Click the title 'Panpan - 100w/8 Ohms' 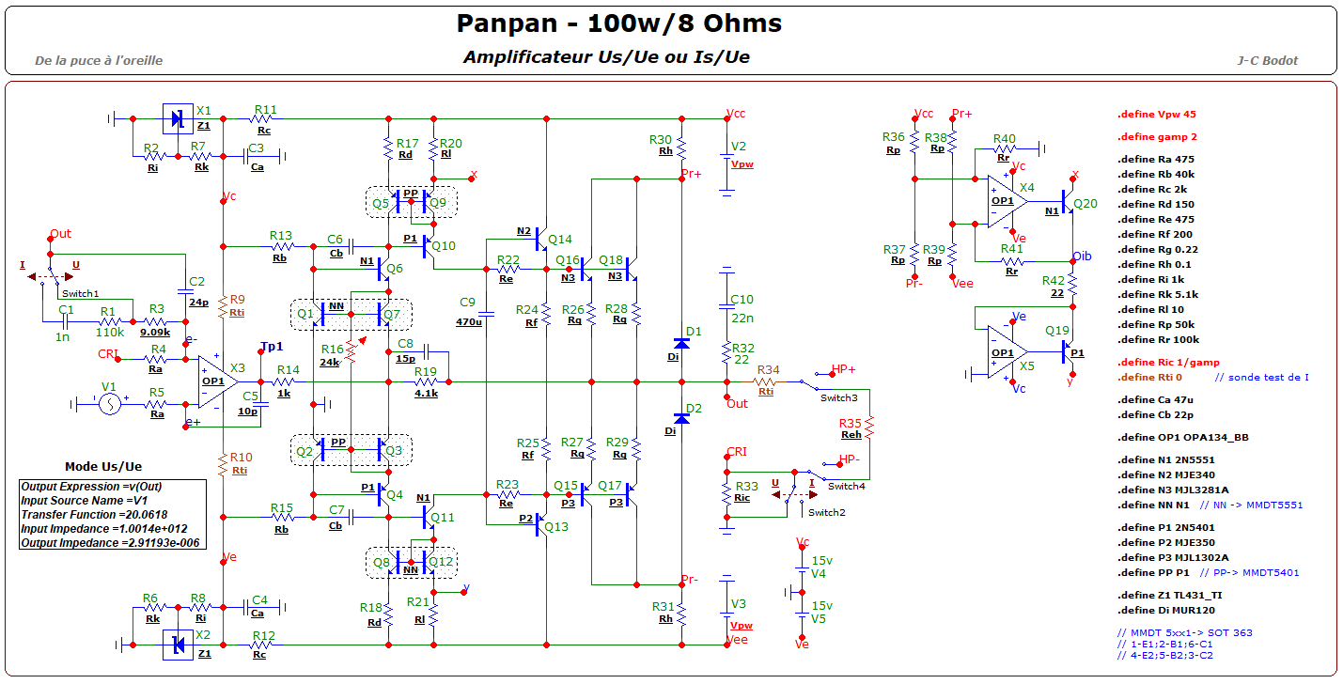click(617, 23)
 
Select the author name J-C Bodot click(1267, 60)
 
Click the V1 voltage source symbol click(108, 404)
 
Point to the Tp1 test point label click(272, 347)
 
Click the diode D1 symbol click(681, 344)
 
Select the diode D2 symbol click(681, 418)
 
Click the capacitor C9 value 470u click(469, 321)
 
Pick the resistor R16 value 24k click(329, 362)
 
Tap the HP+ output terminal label click(842, 369)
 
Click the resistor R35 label click(851, 423)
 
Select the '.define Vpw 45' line click(1156, 115)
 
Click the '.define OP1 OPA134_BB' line click(1183, 438)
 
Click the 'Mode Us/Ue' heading click(103, 467)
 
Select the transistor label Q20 click(1085, 204)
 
